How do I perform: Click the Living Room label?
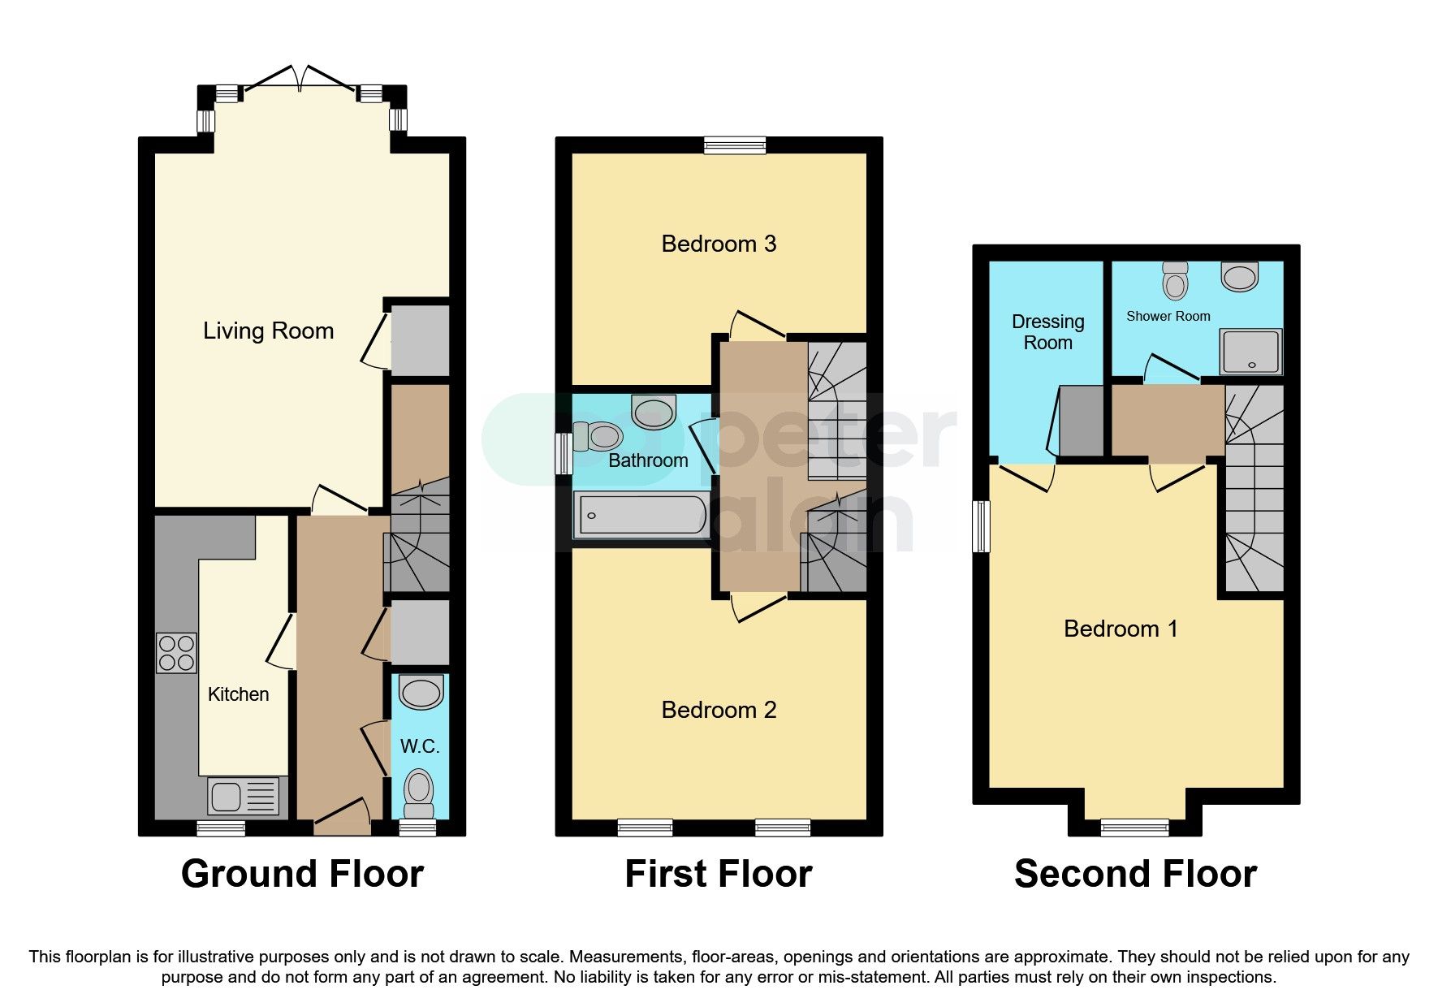click(268, 331)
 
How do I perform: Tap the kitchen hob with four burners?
click(176, 653)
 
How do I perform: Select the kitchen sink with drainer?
click(244, 796)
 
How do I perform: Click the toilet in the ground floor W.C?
click(419, 792)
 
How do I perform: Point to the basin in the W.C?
click(421, 693)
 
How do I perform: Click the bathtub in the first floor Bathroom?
click(641, 516)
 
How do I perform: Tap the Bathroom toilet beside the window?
click(598, 437)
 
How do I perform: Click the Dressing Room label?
click(1047, 332)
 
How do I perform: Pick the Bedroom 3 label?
click(719, 244)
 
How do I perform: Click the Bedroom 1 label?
click(1121, 629)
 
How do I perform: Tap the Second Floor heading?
click(1135, 874)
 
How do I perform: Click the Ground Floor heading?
click(302, 874)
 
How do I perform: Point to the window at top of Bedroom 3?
click(735, 145)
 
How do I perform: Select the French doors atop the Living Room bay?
click(300, 79)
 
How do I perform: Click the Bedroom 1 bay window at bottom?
click(1134, 828)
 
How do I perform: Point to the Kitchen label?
click(238, 694)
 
